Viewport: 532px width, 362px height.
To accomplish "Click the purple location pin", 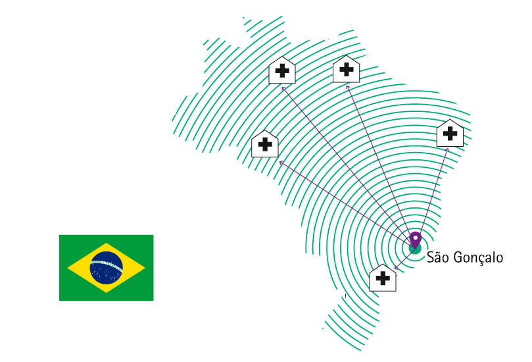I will (415, 239).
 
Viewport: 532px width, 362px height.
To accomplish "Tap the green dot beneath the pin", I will (415, 248).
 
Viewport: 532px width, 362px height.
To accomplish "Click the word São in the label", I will (438, 257).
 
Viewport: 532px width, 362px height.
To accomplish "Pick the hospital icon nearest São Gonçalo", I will (383, 277).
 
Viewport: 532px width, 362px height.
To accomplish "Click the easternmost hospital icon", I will (450, 133).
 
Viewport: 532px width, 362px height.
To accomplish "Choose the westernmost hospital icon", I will (265, 143).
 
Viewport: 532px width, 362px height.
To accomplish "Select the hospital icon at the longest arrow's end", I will (282, 70).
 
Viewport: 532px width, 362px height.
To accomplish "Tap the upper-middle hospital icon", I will (346, 69).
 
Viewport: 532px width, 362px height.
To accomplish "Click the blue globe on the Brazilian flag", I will (107, 267).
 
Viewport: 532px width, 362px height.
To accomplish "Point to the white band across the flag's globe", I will (107, 265).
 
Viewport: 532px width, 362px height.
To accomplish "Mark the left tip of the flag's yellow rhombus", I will (68, 268).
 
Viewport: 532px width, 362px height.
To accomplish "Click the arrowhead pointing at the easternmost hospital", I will (448, 149).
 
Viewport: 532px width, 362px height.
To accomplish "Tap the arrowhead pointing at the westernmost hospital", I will (280, 161).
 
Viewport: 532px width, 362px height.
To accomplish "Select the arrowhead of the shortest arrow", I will (395, 267).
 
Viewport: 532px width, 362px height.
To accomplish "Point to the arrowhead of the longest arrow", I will (282, 86).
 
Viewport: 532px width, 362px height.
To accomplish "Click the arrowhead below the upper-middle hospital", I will (347, 86).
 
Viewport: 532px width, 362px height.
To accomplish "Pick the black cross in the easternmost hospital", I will (450, 134).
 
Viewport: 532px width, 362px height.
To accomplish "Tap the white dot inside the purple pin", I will (415, 236).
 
